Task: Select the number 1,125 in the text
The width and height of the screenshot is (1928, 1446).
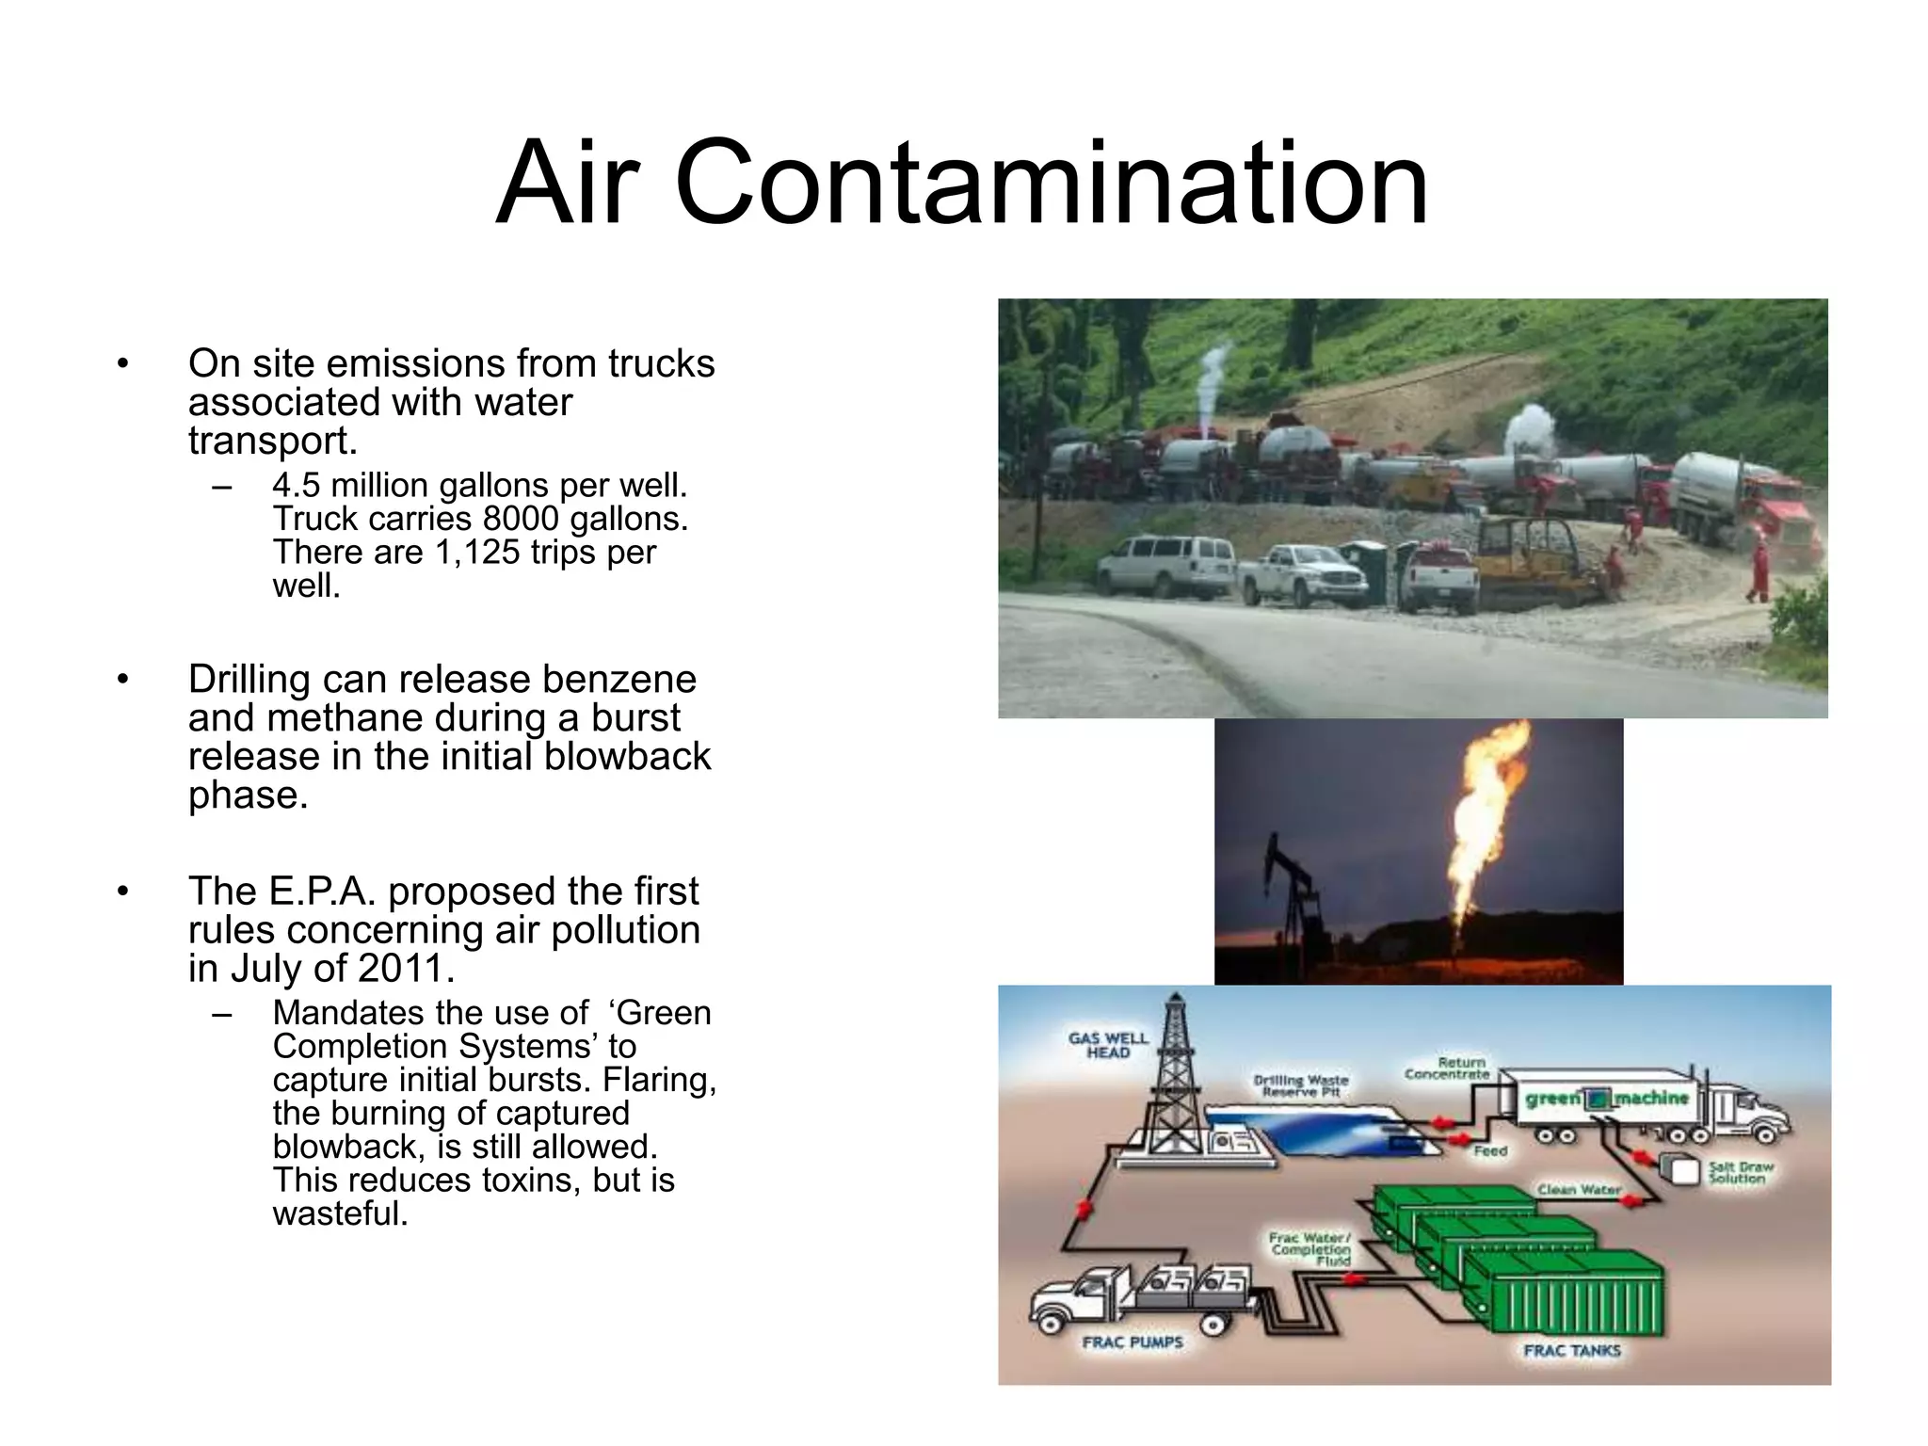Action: pyautogui.click(x=477, y=553)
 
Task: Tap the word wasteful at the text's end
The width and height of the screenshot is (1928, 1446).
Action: pyautogui.click(x=340, y=1213)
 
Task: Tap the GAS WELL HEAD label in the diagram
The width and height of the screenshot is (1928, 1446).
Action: pyautogui.click(x=1108, y=1045)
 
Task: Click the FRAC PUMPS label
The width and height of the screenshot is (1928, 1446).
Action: pyautogui.click(x=1132, y=1342)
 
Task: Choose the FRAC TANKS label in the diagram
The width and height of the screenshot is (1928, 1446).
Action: pyautogui.click(x=1572, y=1351)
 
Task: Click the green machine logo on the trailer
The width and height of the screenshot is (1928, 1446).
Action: pyautogui.click(x=1606, y=1099)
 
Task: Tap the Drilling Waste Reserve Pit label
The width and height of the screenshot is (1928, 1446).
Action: pyautogui.click(x=1301, y=1085)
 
